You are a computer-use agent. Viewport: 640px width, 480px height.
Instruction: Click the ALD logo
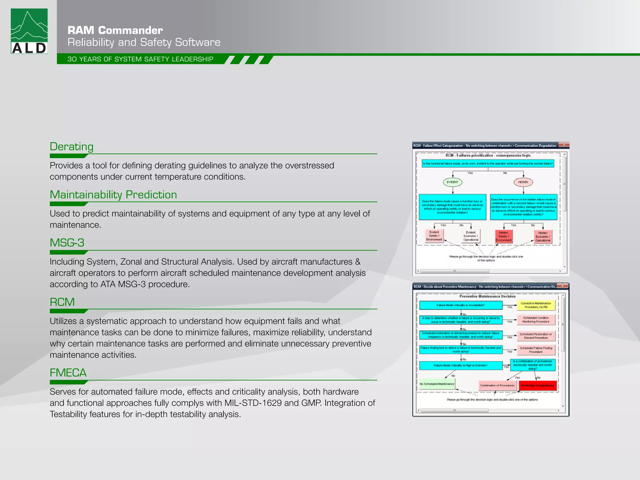pyautogui.click(x=29, y=31)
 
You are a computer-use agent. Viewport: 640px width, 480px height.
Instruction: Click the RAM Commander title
pyautogui.click(x=115, y=30)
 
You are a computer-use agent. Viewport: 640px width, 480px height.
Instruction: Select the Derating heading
pyautogui.click(x=72, y=147)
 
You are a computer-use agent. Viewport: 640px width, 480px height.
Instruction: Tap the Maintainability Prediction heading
pyautogui.click(x=113, y=195)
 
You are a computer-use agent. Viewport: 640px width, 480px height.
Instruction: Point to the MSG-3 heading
pyautogui.click(x=67, y=243)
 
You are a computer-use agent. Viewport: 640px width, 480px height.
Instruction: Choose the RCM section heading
pyautogui.click(x=62, y=302)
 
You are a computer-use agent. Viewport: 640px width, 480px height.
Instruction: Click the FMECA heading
pyautogui.click(x=68, y=373)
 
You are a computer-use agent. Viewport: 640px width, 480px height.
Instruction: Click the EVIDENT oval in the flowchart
pyautogui.click(x=452, y=182)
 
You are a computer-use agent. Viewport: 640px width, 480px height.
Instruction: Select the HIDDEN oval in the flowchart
pyautogui.click(x=523, y=182)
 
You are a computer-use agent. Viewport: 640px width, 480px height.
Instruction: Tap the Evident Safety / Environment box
pyautogui.click(x=434, y=236)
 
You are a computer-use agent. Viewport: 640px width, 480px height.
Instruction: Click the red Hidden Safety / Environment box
pyautogui.click(x=503, y=237)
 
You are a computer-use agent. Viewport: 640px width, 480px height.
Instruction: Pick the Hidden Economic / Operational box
pyautogui.click(x=543, y=237)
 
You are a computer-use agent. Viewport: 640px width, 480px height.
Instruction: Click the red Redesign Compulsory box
pyautogui.click(x=537, y=386)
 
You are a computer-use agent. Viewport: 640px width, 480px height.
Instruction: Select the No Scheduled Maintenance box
pyautogui.click(x=437, y=384)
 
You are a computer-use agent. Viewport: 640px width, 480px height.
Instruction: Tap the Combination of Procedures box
pyautogui.click(x=497, y=386)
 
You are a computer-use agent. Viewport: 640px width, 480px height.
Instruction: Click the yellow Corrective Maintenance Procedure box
pyautogui.click(x=536, y=305)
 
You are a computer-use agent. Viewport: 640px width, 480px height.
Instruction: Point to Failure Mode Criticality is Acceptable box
pyautogui.click(x=461, y=305)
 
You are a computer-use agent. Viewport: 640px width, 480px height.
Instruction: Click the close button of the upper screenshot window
pyautogui.click(x=564, y=145)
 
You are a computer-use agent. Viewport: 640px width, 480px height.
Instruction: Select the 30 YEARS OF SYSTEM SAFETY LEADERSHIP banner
pyautogui.click(x=140, y=59)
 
